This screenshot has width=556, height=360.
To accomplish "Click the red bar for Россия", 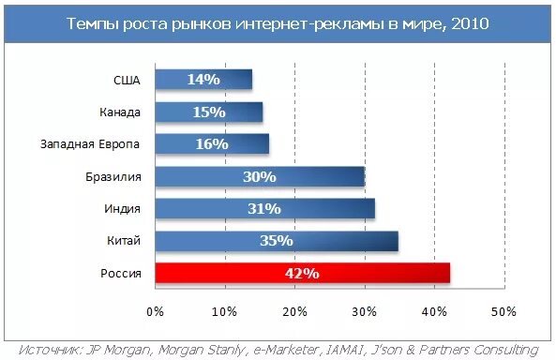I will click(302, 273).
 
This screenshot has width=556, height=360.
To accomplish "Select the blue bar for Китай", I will click(276, 241).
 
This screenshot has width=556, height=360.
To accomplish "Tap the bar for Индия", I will click(264, 208).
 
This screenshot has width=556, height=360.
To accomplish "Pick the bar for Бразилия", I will click(259, 176).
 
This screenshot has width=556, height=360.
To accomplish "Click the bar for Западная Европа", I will click(211, 143).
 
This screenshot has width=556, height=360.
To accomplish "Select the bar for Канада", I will click(208, 112).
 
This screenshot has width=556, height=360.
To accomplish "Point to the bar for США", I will click(203, 80).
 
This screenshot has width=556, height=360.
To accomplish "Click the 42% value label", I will click(302, 274).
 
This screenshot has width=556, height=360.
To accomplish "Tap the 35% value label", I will click(277, 241).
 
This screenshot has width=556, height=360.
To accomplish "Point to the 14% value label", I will click(203, 80).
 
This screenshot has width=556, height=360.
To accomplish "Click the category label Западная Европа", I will click(90, 143).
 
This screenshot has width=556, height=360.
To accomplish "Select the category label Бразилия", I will click(113, 176).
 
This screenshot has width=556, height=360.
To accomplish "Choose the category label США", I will click(127, 80).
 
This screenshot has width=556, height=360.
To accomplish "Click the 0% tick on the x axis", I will click(155, 310).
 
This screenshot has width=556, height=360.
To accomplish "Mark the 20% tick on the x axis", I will click(294, 310).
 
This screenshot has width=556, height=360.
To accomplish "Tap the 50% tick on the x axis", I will click(503, 310).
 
